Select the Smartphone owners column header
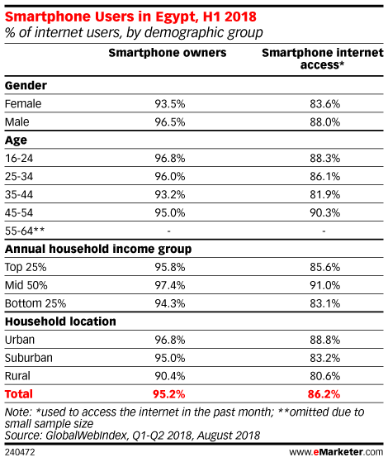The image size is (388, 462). click(168, 53)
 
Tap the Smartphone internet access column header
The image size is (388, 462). click(323, 59)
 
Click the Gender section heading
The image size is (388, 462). click(26, 86)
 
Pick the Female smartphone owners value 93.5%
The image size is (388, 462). click(170, 104)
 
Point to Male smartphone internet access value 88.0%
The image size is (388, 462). click(324, 122)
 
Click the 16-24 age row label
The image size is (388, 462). click(19, 159)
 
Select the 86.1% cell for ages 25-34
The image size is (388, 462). click(324, 177)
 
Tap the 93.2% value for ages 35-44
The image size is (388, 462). click(170, 195)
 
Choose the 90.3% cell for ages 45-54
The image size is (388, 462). click(324, 212)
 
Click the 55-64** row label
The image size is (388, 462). click(25, 231)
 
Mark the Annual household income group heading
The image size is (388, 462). click(98, 250)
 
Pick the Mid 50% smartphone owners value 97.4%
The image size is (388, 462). click(170, 285)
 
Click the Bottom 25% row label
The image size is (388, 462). click(35, 303)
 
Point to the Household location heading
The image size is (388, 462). click(60, 321)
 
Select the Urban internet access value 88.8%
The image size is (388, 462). click(324, 340)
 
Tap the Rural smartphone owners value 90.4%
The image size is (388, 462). click(170, 376)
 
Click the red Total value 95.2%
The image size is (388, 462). click(168, 394)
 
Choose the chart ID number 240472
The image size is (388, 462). click(20, 452)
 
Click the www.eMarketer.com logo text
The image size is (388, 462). click(336, 452)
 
